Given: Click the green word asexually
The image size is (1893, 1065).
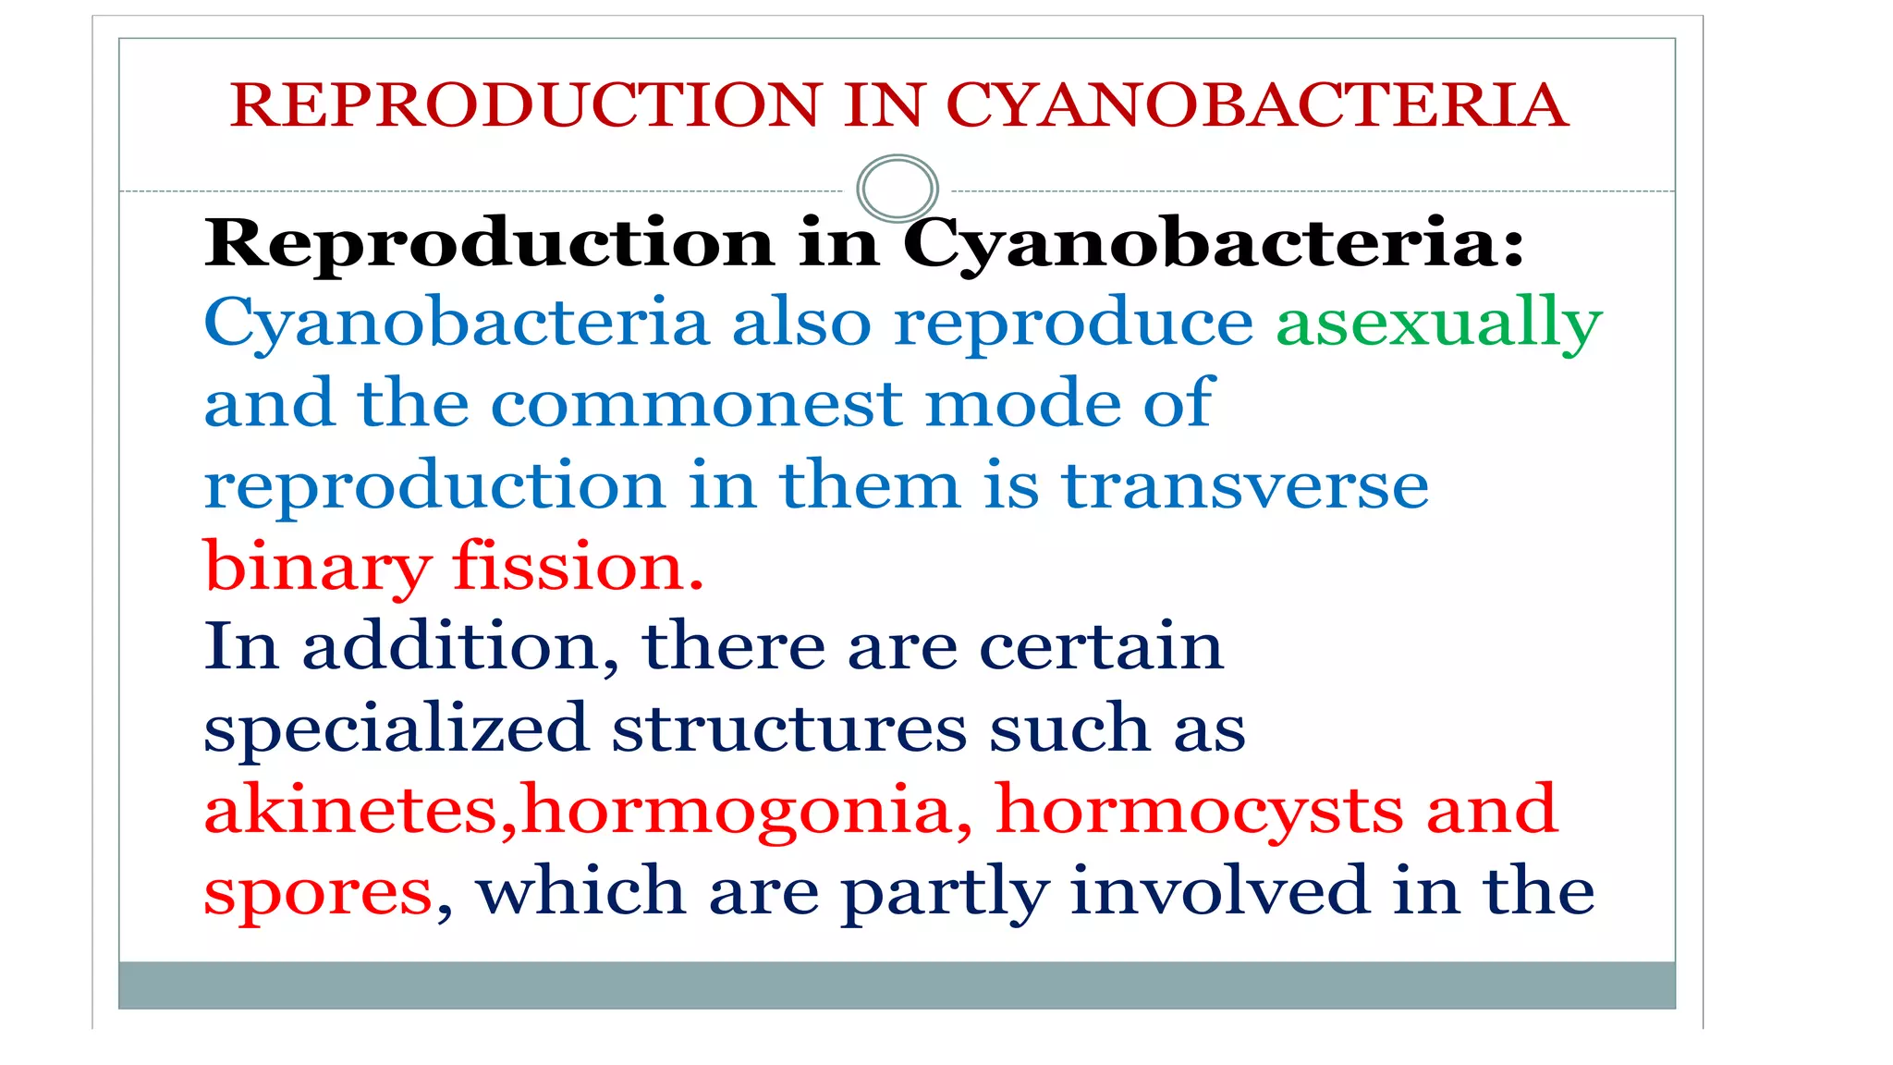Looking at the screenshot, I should coord(1438,324).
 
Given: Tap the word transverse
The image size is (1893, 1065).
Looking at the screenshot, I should coord(1244,485).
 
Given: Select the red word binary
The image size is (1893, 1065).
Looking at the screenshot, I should coord(317,567).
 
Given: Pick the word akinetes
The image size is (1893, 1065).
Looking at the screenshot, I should coord(351,810).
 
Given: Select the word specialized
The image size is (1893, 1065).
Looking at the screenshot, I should coord(396,729).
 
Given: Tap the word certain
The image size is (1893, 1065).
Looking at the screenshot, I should coord(1101,646).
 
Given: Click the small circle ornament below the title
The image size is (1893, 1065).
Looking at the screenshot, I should coord(897,189).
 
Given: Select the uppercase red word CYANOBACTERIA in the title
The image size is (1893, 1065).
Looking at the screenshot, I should coord(1257,104).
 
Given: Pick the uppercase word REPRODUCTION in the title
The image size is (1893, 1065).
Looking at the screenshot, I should coord(526,104).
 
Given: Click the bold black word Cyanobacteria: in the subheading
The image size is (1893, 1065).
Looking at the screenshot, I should coord(1213,243).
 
